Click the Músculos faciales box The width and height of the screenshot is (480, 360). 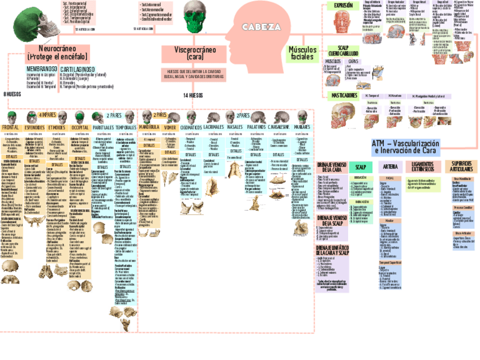(303, 54)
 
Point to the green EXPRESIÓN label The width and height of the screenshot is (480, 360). (343, 6)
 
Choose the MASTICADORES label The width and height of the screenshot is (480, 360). (344, 96)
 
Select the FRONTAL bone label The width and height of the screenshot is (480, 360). (11, 128)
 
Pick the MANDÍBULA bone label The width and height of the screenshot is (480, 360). (149, 128)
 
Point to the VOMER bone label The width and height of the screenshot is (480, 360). (170, 128)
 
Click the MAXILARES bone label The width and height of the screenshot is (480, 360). (302, 128)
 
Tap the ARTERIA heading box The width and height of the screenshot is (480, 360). (390, 166)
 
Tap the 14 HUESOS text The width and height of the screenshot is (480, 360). (193, 96)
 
